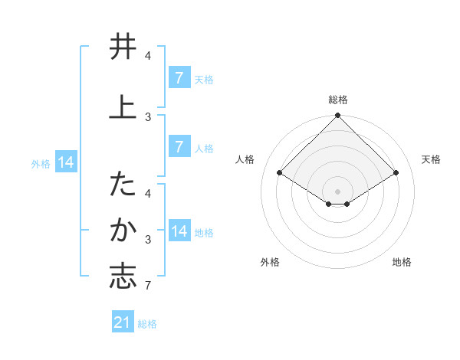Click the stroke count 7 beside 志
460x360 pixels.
tap(147, 286)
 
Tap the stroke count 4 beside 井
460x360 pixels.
tap(147, 56)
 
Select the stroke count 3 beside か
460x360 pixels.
tap(147, 241)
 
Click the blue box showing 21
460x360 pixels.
tap(123, 322)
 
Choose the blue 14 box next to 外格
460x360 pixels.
tap(66, 162)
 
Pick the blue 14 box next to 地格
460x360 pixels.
tap(179, 231)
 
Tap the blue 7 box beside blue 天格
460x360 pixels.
tap(179, 78)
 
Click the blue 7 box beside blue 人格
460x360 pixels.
tap(179, 147)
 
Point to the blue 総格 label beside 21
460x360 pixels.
tap(147, 324)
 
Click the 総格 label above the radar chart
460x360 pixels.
tap(337, 100)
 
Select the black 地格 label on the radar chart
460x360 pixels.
tap(402, 262)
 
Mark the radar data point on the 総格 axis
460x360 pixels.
tap(337, 116)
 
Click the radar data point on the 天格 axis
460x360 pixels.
tap(396, 173)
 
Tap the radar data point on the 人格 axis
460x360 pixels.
tap(279, 173)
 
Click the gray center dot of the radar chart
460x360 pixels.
tap(337, 191)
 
